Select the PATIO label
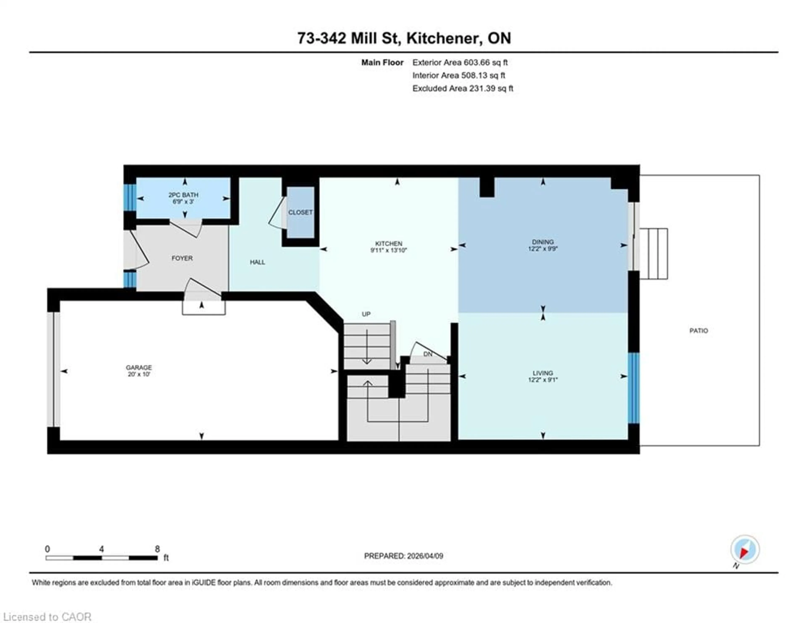pos(698,331)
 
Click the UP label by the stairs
pos(366,314)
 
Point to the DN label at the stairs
pos(427,354)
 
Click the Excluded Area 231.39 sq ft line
pos(463,88)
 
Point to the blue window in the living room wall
pos(633,388)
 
